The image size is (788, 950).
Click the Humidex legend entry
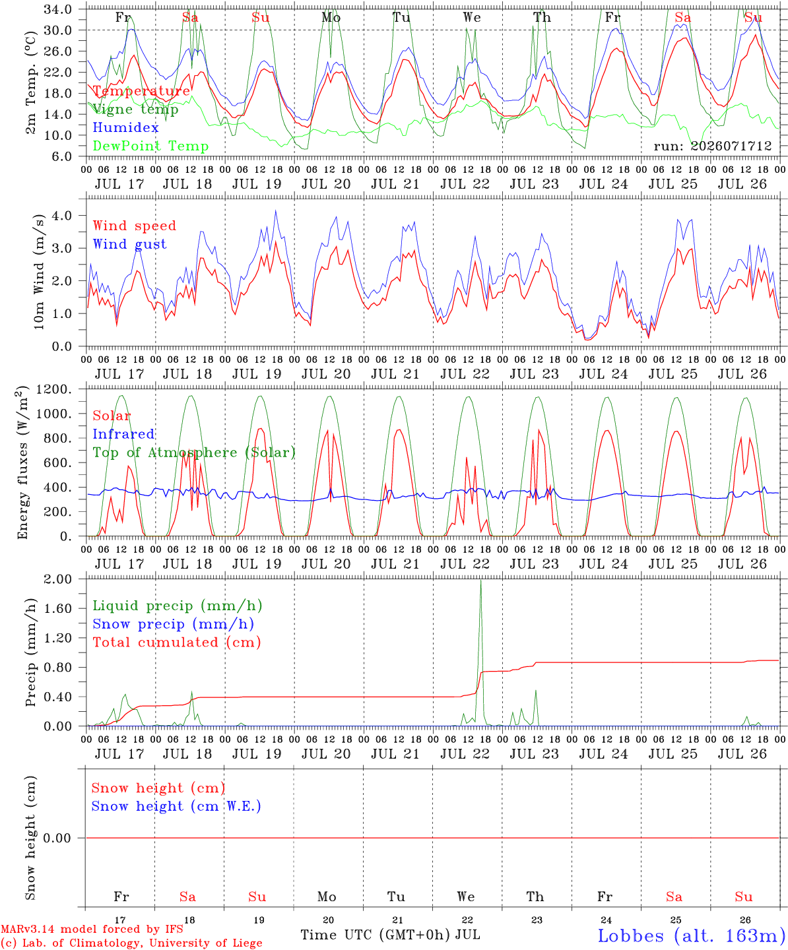coord(125,127)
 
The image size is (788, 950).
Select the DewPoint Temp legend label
coord(150,146)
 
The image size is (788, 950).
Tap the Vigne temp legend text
coord(135,110)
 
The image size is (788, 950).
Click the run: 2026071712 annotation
coord(712,146)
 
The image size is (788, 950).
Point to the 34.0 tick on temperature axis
coord(57,9)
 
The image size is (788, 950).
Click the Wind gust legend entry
coord(130,244)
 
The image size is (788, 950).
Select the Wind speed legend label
coord(134,226)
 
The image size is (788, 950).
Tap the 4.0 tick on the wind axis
coord(62,215)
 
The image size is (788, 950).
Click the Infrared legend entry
coord(123,434)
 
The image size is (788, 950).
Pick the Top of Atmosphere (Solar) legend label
coord(195,453)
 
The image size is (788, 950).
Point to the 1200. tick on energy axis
coord(53,389)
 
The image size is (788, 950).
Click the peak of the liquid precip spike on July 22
coord(480,580)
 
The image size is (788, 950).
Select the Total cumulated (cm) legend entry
coord(177,643)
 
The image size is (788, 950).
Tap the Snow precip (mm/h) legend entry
coord(173,624)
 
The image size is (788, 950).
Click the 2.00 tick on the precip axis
coord(57,579)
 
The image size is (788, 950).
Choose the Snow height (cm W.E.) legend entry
coord(176,806)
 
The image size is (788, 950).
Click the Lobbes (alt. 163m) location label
coord(692,935)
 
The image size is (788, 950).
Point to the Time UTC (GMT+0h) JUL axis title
coord(390,935)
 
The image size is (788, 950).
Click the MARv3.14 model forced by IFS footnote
coord(92,929)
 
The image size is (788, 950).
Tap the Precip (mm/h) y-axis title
coord(30,652)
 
